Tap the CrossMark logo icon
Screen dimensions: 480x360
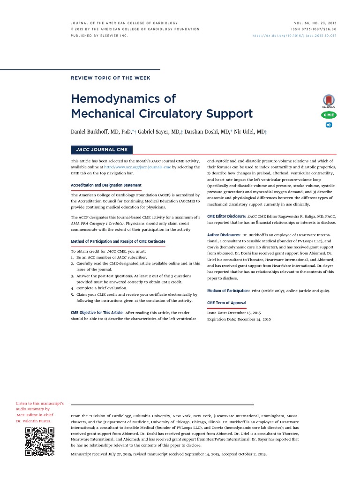[329, 101]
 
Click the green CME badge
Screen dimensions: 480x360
[329, 115]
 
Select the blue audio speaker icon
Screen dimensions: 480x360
[329, 125]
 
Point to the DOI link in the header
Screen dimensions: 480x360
[294, 35]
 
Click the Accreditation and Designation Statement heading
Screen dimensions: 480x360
[106, 185]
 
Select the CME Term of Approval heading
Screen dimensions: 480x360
[226, 303]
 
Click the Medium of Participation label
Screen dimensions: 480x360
[228, 291]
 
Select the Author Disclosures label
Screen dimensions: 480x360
[224, 234]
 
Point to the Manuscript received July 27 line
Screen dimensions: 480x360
[168, 455]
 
